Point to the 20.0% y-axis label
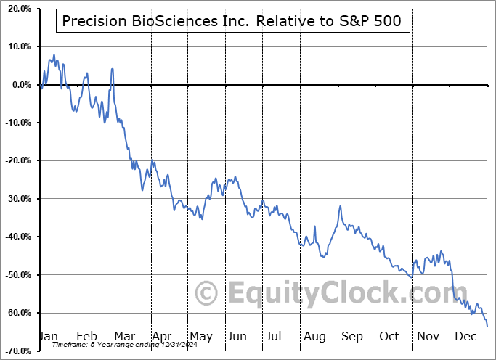(x=17, y=9)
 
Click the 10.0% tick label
(x=17, y=46)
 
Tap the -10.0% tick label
(x=15, y=123)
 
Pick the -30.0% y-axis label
(x=15, y=198)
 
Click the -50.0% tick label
(x=15, y=274)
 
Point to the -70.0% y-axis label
(x=15, y=351)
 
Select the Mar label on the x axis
(x=124, y=337)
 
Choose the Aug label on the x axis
(x=315, y=337)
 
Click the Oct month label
(x=389, y=337)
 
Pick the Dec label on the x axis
(x=465, y=337)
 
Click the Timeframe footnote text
(x=121, y=345)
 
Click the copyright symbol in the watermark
(x=208, y=294)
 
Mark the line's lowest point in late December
(x=487, y=326)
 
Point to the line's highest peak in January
(x=54, y=54)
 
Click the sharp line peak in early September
(x=340, y=206)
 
